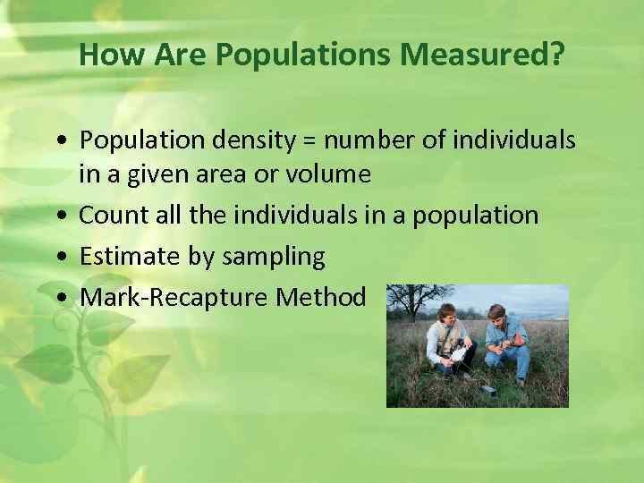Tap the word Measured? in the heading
(482, 55)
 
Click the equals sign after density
(311, 140)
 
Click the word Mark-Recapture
(175, 297)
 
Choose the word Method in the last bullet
(321, 297)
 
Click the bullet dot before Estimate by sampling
(59, 258)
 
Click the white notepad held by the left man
(461, 354)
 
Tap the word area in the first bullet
(248, 174)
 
